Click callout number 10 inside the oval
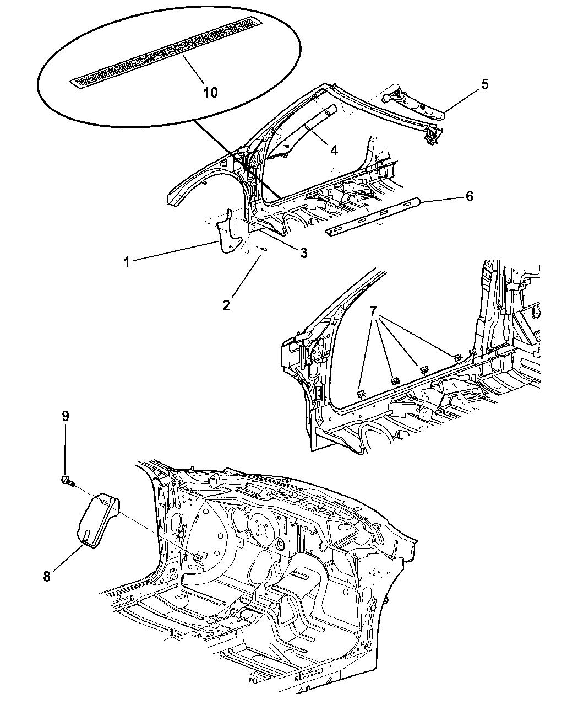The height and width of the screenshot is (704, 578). coord(210,92)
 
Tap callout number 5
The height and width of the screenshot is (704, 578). coord(484,84)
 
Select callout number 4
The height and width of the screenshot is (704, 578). coord(334,149)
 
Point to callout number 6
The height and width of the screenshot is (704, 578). coord(469,196)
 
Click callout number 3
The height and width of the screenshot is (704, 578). coord(303,252)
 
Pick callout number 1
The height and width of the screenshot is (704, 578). coord(127,262)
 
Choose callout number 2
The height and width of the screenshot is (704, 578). coord(226,304)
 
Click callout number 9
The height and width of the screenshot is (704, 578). coord(65,416)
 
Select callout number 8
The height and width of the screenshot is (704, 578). coord(47,577)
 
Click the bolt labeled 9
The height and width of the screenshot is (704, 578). coord(66,481)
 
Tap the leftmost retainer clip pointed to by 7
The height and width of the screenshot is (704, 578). coord(361,393)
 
